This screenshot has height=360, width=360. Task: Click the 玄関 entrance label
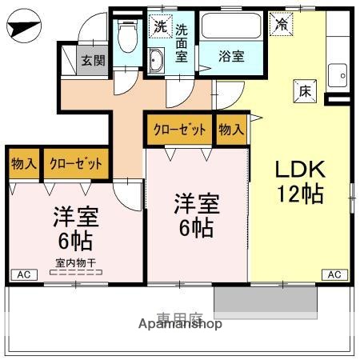[93, 60]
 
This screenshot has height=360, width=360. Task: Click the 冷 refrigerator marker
[282, 24]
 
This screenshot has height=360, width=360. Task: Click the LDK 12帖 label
[300, 182]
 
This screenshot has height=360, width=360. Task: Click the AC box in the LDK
[334, 274]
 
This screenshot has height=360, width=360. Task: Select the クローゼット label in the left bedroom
[76, 164]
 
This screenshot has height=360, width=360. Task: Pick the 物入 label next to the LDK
[231, 129]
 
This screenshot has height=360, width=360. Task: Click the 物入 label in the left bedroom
[24, 164]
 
